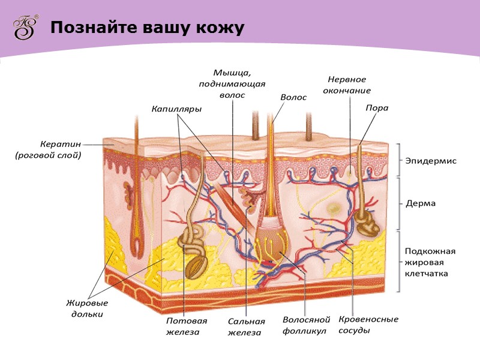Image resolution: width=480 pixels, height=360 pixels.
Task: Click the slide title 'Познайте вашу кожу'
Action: point(147,28)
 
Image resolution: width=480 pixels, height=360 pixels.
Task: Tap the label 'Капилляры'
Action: point(176,109)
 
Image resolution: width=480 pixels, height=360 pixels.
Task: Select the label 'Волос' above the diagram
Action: point(293,97)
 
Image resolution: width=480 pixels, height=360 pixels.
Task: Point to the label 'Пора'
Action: point(377,108)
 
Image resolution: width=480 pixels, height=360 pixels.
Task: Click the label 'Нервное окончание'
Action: point(349,85)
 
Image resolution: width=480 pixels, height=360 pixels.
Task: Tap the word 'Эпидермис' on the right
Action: point(431,161)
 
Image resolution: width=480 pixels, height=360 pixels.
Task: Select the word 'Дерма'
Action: point(420,203)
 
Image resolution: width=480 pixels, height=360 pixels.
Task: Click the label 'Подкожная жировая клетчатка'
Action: point(430,262)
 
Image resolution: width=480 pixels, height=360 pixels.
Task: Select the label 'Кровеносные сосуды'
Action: point(368,324)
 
